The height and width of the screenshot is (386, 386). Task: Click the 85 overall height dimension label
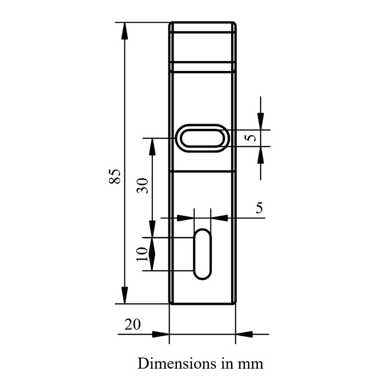pos(114,176)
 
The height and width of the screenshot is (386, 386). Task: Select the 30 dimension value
pos(142,185)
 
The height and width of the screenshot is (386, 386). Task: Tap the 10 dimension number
pos(142,254)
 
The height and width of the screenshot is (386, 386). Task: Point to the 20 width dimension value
pos(133,325)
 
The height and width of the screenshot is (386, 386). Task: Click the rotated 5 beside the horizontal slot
pos(250,138)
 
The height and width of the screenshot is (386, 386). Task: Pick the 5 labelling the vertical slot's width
pos(259,208)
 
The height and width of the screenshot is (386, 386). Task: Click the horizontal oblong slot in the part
pos(202,138)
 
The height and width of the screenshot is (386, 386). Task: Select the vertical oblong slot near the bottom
pos(202,254)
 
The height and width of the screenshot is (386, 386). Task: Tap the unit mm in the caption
pos(250,364)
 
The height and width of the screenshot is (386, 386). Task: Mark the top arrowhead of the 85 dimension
pos(124,31)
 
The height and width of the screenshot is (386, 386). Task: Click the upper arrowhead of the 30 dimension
pos(152,147)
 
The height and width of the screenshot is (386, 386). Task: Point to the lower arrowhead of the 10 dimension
pos(152,262)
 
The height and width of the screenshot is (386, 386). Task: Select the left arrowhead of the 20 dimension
pos(160,334)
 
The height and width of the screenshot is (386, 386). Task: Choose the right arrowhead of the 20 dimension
pos(244,334)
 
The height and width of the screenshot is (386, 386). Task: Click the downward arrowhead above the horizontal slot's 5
pos(261,121)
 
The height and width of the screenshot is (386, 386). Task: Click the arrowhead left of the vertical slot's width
pos(185,218)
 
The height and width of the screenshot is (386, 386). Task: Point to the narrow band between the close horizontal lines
pos(202,67)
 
